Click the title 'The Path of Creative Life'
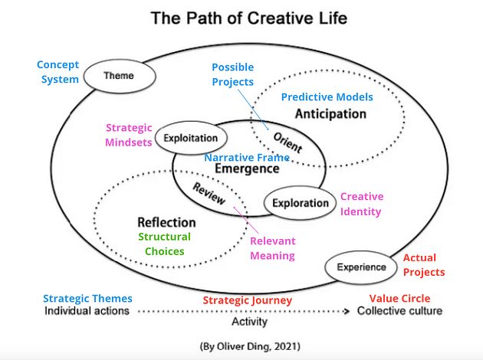(242, 17)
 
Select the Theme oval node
(118, 76)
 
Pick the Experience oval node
(360, 267)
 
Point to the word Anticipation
(330, 113)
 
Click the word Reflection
(166, 222)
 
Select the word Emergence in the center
(246, 169)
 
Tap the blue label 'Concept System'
(58, 72)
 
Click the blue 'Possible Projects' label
(232, 75)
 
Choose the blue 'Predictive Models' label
(327, 97)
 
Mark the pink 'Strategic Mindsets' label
(128, 135)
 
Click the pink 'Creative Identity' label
(361, 204)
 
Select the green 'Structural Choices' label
(164, 244)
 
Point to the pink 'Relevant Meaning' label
(272, 248)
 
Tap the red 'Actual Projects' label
(423, 265)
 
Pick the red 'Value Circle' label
(399, 298)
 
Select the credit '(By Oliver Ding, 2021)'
(245, 346)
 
